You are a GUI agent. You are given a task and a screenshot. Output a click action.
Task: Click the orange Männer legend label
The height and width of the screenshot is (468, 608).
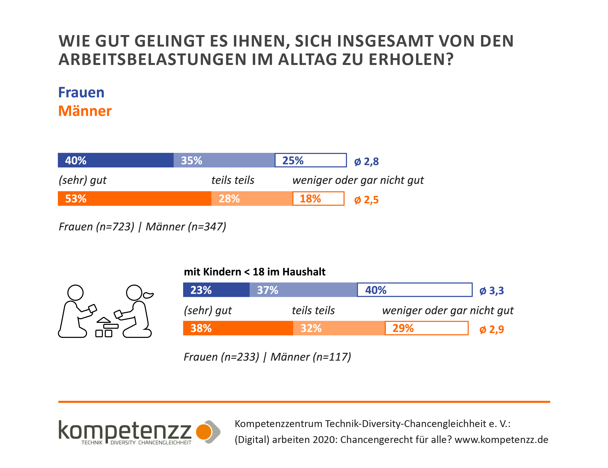tap(85, 111)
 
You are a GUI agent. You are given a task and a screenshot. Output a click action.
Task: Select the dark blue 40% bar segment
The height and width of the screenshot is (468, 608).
tap(115, 160)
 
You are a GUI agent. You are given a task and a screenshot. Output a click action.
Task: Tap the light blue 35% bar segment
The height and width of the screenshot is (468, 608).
tap(224, 160)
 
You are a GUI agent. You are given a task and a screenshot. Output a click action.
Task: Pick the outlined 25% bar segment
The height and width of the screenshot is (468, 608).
tap(311, 160)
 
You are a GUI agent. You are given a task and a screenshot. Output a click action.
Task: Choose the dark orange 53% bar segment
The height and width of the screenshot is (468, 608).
tap(134, 199)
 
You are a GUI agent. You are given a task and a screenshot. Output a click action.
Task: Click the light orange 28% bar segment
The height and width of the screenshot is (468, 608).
tap(252, 199)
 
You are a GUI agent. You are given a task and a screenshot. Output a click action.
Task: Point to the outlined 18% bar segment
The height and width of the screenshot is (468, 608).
tap(318, 199)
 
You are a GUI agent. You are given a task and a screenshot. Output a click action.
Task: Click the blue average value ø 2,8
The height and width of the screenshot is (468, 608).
tap(366, 162)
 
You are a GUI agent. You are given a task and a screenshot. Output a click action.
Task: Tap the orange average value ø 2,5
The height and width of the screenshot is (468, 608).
tap(366, 200)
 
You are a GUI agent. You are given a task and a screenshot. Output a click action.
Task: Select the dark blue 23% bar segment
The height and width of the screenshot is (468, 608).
tap(216, 290)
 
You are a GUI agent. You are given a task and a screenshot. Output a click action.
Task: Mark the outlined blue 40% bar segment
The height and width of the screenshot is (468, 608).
tap(415, 290)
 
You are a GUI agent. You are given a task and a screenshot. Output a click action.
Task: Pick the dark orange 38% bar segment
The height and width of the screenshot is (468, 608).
tap(238, 328)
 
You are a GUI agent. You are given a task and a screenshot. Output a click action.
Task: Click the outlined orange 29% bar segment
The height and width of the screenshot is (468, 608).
tap(427, 328)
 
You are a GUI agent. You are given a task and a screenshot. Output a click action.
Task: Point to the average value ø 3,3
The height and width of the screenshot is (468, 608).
tap(492, 291)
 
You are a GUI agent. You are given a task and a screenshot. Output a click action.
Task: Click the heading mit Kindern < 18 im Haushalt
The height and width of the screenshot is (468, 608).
tap(254, 272)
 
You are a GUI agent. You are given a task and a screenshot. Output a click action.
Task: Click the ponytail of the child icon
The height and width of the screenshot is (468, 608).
tap(148, 295)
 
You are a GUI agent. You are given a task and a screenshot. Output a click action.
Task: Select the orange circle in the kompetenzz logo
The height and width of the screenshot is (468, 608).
tap(204, 431)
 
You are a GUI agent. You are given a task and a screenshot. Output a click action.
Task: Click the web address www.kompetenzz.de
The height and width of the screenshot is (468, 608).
tap(501, 440)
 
